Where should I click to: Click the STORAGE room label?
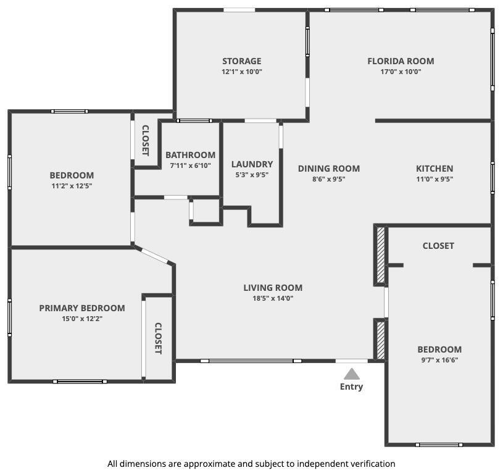(x=241, y=61)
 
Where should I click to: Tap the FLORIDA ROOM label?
(x=401, y=61)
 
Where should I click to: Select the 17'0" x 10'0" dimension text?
(x=401, y=72)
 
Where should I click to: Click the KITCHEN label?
(x=434, y=169)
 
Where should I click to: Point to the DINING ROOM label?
(x=329, y=169)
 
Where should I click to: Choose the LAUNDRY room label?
(x=252, y=164)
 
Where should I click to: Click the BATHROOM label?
(x=191, y=155)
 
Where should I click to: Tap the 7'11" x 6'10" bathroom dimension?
(x=191, y=165)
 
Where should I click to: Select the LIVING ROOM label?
(x=273, y=288)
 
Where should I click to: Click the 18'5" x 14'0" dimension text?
(x=273, y=298)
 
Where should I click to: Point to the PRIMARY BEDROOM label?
(x=82, y=308)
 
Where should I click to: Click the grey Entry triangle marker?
(x=352, y=374)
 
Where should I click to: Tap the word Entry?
(x=352, y=387)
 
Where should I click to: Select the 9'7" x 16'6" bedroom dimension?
(x=439, y=360)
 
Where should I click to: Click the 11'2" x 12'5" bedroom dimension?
(x=72, y=186)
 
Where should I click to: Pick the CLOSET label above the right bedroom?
(x=438, y=246)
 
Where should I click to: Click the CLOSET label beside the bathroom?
(x=145, y=141)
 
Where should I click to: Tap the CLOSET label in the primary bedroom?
(x=158, y=338)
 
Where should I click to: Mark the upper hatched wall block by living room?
(x=380, y=255)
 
